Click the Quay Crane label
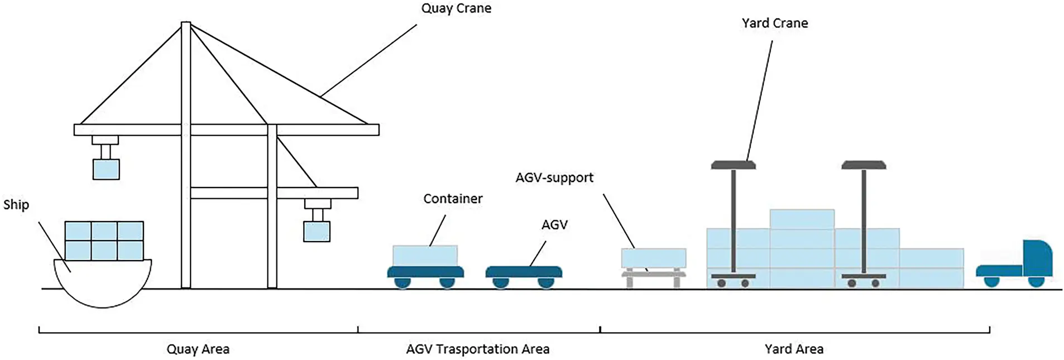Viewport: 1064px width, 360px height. point(456,8)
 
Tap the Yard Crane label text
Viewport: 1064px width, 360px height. point(774,23)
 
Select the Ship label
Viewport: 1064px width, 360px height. point(16,204)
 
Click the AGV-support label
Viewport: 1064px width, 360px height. point(554,177)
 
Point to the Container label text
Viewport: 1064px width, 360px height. point(452,199)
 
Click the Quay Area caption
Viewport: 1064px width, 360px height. point(198,349)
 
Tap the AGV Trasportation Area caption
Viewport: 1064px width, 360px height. point(477,349)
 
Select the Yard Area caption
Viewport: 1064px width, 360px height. point(793,349)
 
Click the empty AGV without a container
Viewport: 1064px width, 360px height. point(523,272)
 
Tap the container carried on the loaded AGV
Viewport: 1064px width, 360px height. point(425,256)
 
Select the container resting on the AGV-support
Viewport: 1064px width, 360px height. point(653,258)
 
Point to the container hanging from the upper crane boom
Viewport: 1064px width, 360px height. point(106,169)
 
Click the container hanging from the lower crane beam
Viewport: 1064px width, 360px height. point(316,231)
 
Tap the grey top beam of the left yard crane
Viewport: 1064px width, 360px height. point(732,165)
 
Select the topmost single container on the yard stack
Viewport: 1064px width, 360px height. point(801,219)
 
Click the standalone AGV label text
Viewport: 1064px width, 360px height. point(554,224)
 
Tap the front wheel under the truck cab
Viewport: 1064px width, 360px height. point(1035,281)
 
